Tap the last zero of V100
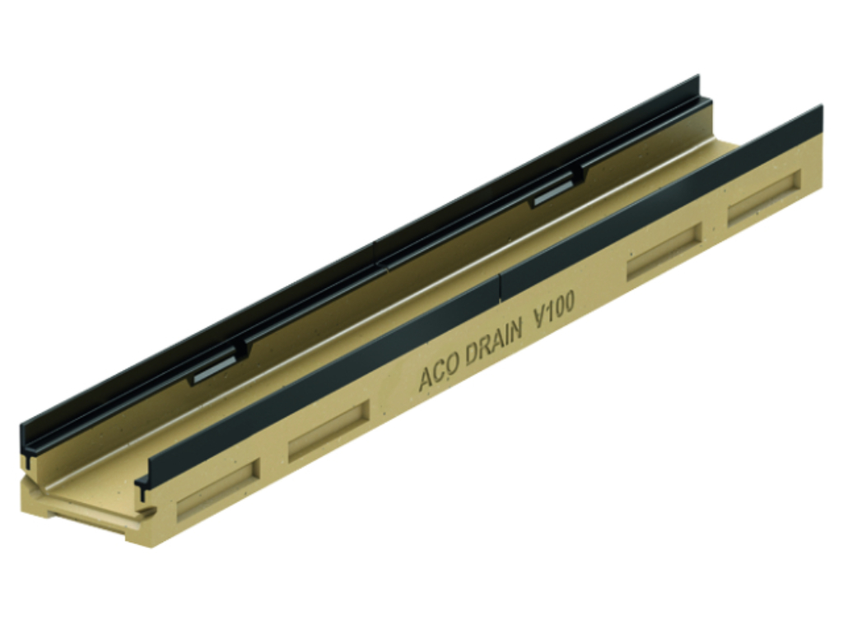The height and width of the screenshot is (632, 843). point(569,304)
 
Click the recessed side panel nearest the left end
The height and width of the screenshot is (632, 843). point(218,489)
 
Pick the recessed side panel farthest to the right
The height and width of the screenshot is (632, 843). point(765,197)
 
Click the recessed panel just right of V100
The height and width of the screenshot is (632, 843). point(665,252)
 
